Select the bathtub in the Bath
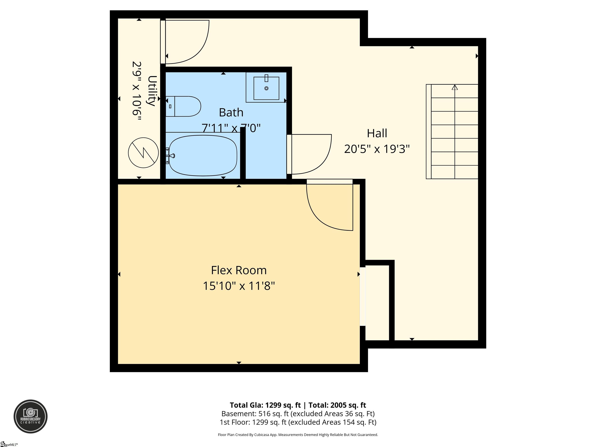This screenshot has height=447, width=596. coord(203,155)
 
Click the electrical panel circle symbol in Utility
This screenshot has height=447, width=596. coord(143,153)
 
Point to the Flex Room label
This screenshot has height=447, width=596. coord(239,270)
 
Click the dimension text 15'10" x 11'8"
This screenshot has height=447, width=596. coord(239,286)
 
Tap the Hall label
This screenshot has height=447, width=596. coord(377,133)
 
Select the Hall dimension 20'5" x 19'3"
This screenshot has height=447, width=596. coord(377,149)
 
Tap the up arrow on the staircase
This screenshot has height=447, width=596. coord(455,87)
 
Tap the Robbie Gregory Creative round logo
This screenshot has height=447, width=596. coord(30,416)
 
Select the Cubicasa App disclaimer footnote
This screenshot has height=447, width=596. coord(298,435)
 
